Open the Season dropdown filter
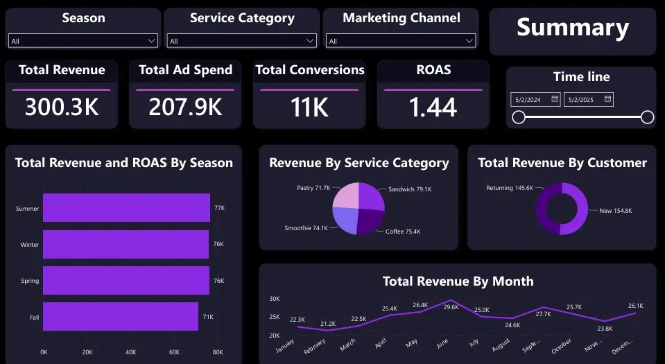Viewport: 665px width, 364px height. click(x=83, y=41)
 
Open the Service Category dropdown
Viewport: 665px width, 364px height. click(x=241, y=41)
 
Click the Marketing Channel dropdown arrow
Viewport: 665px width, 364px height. click(x=469, y=41)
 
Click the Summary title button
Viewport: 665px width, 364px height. click(x=572, y=28)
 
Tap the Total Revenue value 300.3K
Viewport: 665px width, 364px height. click(x=62, y=107)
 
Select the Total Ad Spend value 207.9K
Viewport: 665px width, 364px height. click(x=185, y=107)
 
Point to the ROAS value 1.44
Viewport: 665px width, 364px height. click(x=433, y=107)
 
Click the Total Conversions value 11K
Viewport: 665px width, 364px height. click(x=309, y=107)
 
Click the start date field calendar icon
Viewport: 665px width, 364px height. click(x=555, y=99)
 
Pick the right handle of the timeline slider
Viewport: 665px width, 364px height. click(x=647, y=117)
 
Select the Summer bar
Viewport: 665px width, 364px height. click(x=126, y=208)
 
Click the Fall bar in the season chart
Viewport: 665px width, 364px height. click(x=121, y=317)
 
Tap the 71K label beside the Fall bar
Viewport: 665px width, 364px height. click(x=208, y=317)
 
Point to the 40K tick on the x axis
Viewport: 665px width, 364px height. click(x=131, y=352)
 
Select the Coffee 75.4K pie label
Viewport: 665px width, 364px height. click(x=403, y=232)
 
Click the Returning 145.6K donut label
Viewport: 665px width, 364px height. click(x=509, y=188)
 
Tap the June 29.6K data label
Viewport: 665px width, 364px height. click(x=451, y=307)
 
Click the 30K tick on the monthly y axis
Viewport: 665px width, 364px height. click(x=275, y=299)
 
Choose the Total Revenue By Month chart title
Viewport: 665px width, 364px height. click(x=458, y=281)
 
